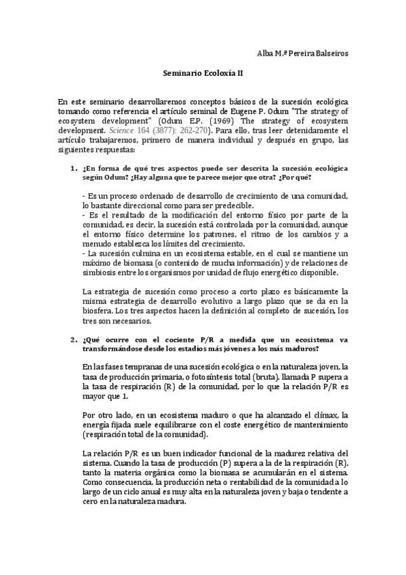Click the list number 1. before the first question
(74, 167)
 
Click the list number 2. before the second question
(74, 338)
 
